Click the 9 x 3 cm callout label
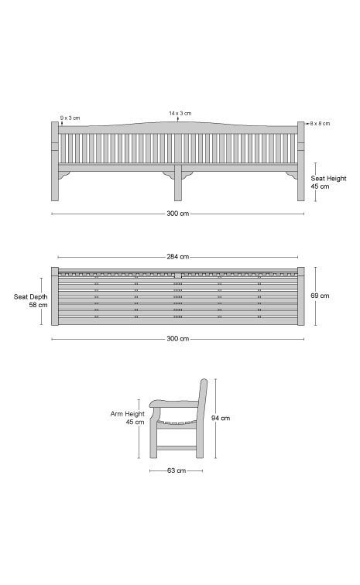pos(70,118)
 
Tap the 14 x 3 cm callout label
pos(180,113)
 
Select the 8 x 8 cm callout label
pos(320,124)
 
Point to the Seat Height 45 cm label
pos(328,183)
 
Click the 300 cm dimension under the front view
pos(178,214)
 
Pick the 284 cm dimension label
pos(178,257)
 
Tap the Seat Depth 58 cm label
pos(31,301)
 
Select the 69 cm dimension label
pos(320,296)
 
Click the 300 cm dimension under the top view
pos(178,339)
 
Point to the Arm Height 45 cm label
pos(127,418)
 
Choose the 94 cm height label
pos(221,418)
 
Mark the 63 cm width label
pos(177,470)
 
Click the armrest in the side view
pos(174,404)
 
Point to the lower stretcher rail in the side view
pos(177,448)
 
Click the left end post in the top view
pos(55,296)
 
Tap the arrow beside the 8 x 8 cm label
pos(307,123)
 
